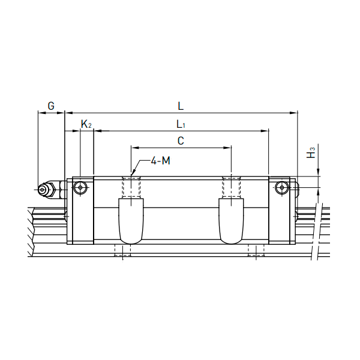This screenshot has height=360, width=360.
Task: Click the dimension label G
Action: point(51,106)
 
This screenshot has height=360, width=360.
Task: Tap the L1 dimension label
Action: point(181,125)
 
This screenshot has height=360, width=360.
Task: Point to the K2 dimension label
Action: point(86,125)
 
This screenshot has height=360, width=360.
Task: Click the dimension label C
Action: point(181,141)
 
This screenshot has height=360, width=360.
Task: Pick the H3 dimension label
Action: point(310,152)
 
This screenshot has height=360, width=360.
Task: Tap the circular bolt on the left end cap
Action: point(80,188)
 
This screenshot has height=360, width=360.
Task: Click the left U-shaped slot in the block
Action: point(131,221)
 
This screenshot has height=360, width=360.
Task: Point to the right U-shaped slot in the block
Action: point(232,221)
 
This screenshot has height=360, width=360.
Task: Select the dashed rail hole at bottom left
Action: point(122,251)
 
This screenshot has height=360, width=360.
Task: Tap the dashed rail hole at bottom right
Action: point(256,251)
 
